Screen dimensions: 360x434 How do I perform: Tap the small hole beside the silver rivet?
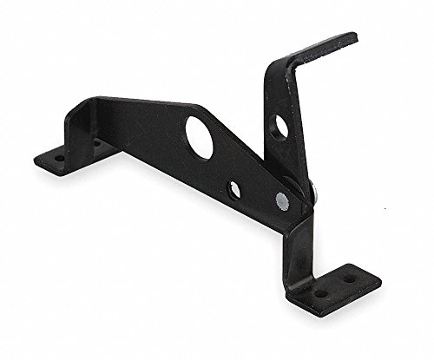(234, 188)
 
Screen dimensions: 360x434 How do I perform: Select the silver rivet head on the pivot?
(281, 201)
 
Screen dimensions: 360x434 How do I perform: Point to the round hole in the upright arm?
(279, 127)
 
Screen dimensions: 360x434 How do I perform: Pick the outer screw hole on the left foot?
(59, 159)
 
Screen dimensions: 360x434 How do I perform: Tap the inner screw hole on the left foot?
(95, 144)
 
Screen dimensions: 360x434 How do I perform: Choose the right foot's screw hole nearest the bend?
(321, 292)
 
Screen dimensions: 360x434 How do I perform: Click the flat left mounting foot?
(74, 154)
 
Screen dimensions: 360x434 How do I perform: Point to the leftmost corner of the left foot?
(35, 161)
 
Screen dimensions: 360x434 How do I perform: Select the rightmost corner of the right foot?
(380, 284)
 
